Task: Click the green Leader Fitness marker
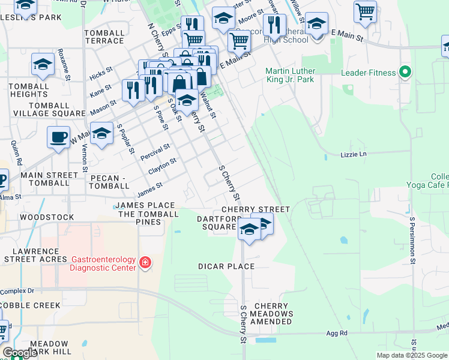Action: click(x=405, y=73)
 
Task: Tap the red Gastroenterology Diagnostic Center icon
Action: click(x=144, y=263)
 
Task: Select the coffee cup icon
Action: click(x=58, y=137)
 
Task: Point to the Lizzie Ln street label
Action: click(x=353, y=154)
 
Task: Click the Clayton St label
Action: click(x=162, y=167)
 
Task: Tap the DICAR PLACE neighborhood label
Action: click(x=226, y=266)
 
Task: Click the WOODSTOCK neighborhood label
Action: click(x=47, y=217)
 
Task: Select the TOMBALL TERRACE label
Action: click(x=104, y=37)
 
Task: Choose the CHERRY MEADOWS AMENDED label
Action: click(x=272, y=314)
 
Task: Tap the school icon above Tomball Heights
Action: click(x=43, y=64)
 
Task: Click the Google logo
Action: click(x=20, y=353)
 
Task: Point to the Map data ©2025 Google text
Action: click(x=411, y=355)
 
